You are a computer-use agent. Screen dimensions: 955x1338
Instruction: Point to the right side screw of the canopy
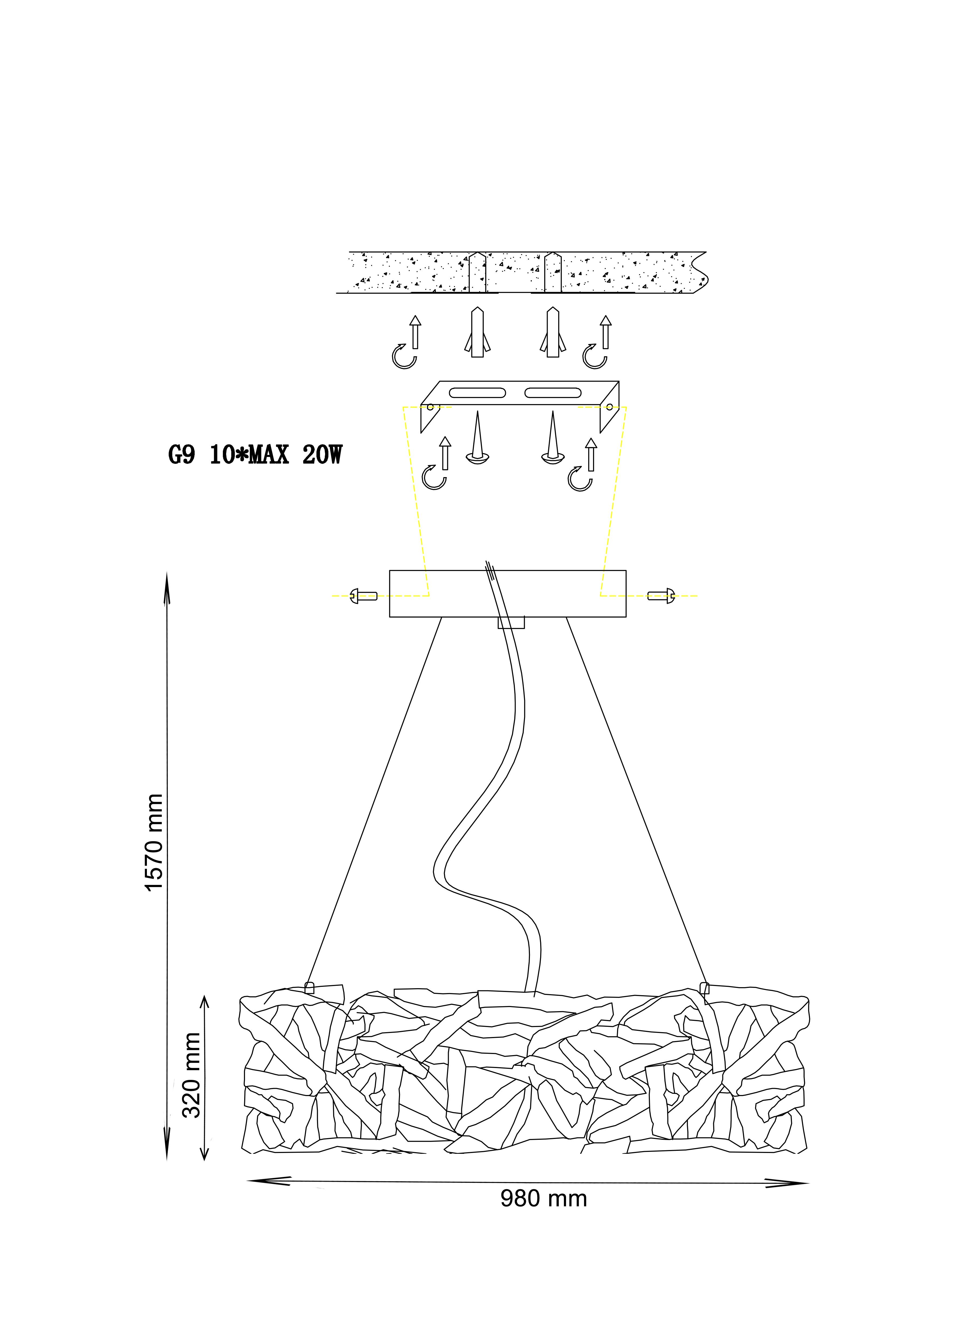[661, 596]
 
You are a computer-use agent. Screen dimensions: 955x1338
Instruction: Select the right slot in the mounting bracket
[553, 392]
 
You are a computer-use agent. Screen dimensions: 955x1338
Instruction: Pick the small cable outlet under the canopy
[511, 622]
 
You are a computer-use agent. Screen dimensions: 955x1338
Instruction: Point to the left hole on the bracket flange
[430, 406]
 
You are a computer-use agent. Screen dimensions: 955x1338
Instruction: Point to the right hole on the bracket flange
[609, 406]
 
